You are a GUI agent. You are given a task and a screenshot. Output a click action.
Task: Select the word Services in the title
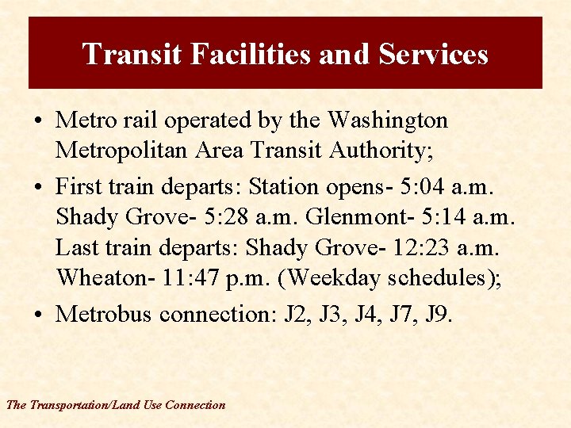(433, 54)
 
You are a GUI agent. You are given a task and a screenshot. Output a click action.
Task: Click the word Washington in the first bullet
(388, 120)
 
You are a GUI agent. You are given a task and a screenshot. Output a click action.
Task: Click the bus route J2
(295, 314)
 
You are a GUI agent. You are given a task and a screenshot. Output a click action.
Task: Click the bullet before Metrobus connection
(38, 315)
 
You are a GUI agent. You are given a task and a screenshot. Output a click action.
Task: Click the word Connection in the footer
(195, 405)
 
